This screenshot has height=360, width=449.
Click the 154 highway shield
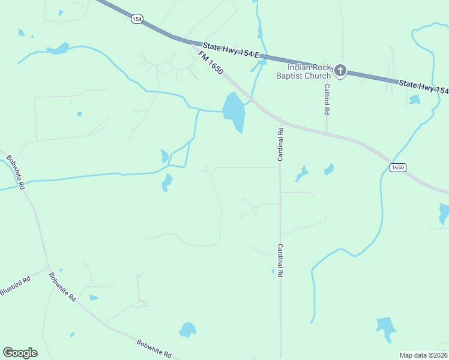pyautogui.click(x=136, y=19)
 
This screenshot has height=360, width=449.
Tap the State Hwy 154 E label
pyautogui.click(x=231, y=50)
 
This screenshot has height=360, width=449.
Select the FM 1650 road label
pyautogui.click(x=211, y=63)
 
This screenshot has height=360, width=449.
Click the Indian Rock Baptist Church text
pyautogui.click(x=303, y=72)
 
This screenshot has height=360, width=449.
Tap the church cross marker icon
pyautogui.click(x=340, y=71)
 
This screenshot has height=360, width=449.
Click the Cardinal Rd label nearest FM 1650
pyautogui.click(x=280, y=144)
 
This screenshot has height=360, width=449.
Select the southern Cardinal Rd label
pyautogui.click(x=280, y=259)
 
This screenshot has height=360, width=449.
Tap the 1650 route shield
pyautogui.click(x=397, y=167)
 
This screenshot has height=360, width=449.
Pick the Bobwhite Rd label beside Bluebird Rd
pyautogui.click(x=62, y=287)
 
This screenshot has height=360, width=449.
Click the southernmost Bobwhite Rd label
pyautogui.click(x=154, y=349)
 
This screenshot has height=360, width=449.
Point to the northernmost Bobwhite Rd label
pyautogui.click(x=15, y=172)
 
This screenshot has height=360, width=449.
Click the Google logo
pyautogui.click(x=20, y=352)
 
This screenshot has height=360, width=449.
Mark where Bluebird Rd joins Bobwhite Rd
pyautogui.click(x=49, y=268)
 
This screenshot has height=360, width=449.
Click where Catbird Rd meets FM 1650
pyautogui.click(x=327, y=132)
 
